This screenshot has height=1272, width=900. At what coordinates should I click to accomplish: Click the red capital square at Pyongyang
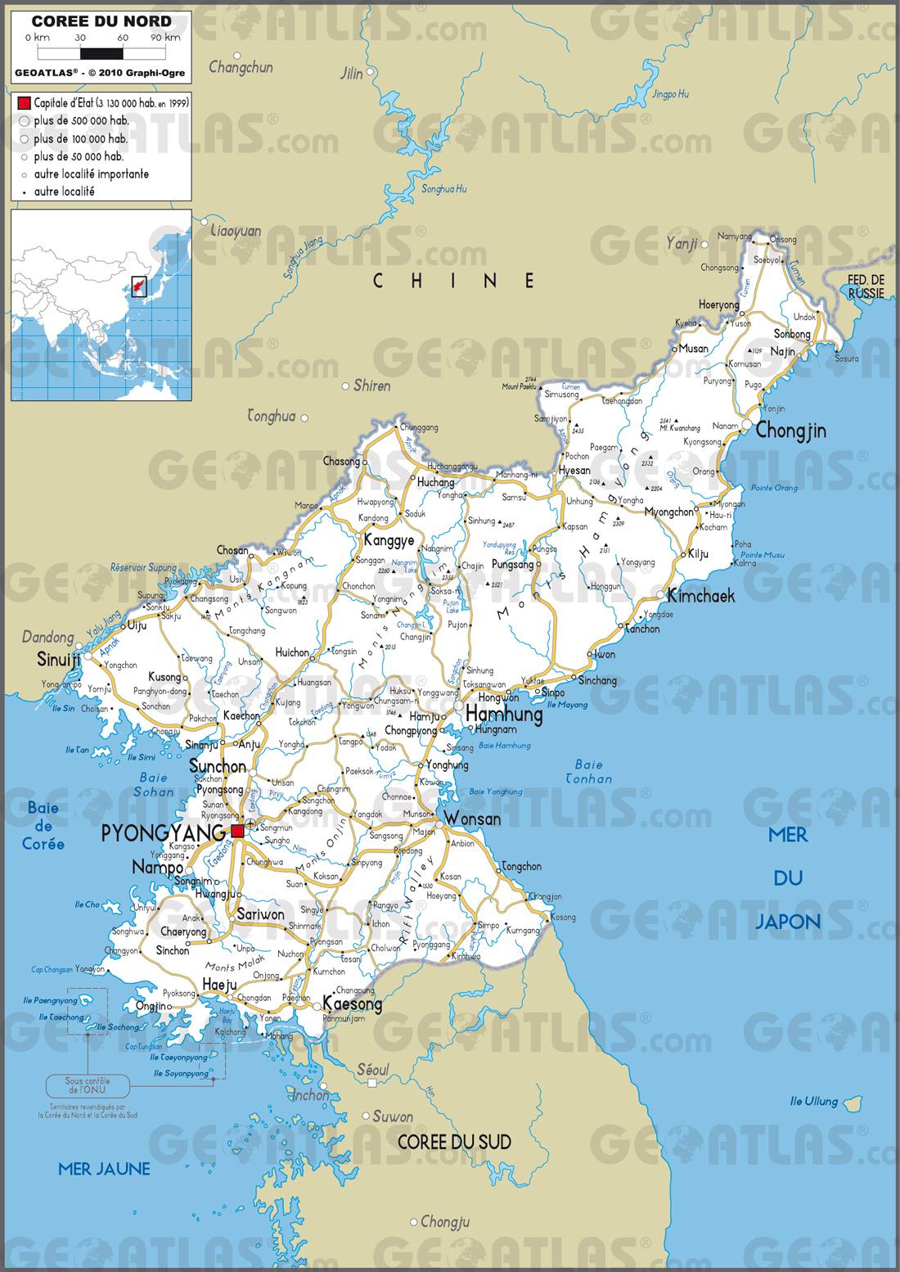coord(237,832)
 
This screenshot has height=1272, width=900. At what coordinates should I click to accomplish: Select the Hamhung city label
coord(504,715)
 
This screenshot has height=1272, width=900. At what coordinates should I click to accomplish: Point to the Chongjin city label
coord(790,431)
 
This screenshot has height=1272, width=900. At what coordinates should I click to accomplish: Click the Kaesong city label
coord(353,1004)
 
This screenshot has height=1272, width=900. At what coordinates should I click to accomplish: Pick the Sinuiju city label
coord(59,658)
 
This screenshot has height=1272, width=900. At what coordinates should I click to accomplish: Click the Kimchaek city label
coord(700,596)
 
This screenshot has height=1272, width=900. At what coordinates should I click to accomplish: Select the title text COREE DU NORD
coord(101,21)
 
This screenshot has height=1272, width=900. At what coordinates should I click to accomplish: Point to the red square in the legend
coord(24,103)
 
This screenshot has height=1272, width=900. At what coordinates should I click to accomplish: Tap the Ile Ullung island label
coord(814,1101)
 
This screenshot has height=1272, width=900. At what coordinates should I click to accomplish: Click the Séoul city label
coord(373,1070)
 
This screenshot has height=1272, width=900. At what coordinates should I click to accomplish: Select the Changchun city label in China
coord(241,68)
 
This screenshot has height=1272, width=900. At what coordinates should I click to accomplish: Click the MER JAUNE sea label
coord(104,1169)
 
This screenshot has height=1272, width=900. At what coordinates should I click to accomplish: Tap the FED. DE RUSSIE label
coord(867,286)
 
